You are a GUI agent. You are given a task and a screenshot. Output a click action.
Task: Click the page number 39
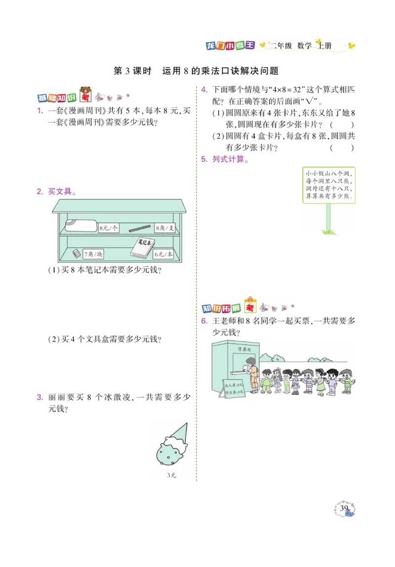345,508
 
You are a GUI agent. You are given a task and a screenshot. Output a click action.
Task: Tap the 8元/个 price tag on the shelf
109,228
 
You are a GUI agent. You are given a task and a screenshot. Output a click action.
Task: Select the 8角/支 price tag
165,228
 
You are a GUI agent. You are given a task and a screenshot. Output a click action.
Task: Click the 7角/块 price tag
93,254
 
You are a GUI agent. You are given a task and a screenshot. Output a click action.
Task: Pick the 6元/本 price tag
163,254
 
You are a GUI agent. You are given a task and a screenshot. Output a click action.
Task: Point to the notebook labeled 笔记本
143,246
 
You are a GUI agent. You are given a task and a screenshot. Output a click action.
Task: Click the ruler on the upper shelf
140,228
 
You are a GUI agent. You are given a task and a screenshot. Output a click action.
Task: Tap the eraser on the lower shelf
76,253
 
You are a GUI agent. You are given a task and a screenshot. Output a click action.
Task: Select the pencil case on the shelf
80,225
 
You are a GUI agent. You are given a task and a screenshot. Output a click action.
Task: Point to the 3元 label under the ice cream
171,476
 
